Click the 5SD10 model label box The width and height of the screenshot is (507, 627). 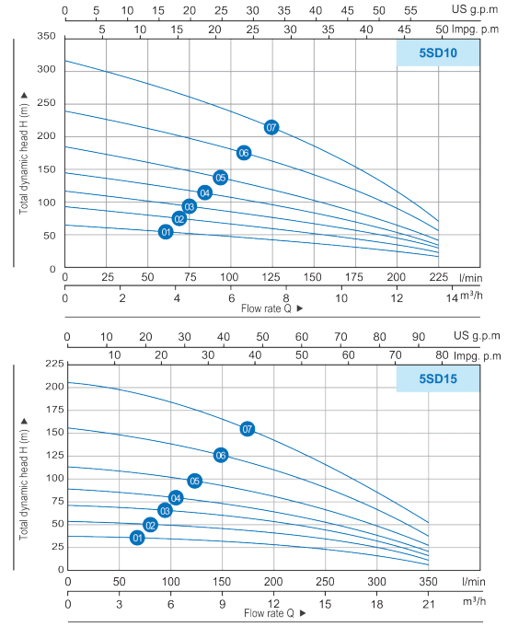point(437,52)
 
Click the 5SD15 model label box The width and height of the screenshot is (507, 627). point(437,378)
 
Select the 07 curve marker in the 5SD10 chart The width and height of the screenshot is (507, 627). point(271,128)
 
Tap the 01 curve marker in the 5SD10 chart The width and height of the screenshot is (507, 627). point(166,232)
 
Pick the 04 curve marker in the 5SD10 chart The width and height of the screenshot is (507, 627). point(204,193)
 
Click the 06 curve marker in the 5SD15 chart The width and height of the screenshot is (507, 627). point(221,455)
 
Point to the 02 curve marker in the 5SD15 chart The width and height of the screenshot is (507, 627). point(150,525)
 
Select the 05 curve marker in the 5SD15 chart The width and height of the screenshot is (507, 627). point(194,481)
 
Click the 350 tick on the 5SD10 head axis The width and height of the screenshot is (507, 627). point(46,36)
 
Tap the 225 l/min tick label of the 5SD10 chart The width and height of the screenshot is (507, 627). point(438,277)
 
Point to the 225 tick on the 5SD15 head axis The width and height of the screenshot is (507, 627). point(54,364)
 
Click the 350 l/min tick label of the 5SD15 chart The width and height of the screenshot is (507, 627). point(428,581)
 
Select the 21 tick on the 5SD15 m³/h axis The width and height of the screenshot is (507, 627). point(428,604)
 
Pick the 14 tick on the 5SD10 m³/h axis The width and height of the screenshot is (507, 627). point(452,298)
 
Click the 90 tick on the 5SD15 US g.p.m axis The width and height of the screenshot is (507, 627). point(419,337)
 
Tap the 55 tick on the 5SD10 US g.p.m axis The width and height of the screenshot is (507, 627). point(410,10)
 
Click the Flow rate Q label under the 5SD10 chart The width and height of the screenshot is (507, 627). point(266,308)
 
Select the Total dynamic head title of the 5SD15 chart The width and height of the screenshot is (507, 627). point(24,484)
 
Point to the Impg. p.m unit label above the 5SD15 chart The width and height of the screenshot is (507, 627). point(477,355)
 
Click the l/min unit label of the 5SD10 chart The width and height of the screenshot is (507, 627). point(470,277)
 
